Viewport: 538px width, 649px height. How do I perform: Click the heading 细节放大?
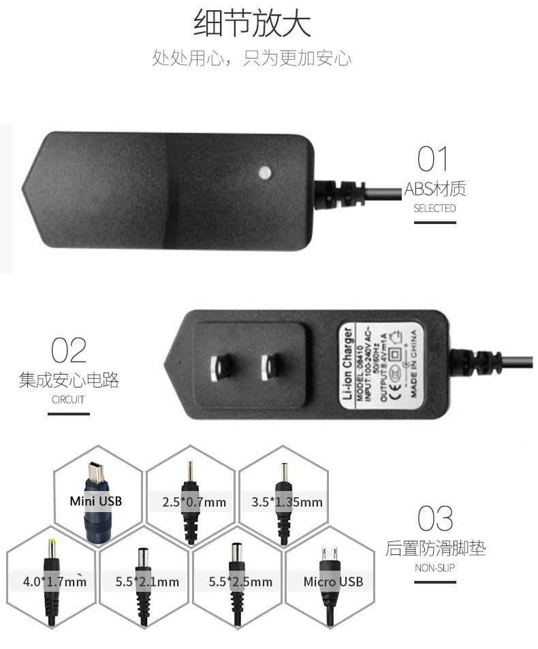pyautogui.click(x=253, y=22)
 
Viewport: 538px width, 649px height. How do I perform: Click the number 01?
pyautogui.click(x=434, y=159)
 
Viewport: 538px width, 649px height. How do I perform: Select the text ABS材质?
pyautogui.click(x=434, y=189)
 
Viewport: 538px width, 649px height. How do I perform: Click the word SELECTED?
pyautogui.click(x=434, y=208)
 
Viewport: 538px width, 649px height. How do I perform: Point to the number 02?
pyautogui.click(x=68, y=350)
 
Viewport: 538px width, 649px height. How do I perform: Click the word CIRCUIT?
pyautogui.click(x=68, y=400)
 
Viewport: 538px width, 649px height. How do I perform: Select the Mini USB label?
pyautogui.click(x=95, y=501)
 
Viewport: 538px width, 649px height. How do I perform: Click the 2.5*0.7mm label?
pyautogui.click(x=194, y=503)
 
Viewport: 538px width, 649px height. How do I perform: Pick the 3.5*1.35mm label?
pyautogui.click(x=287, y=503)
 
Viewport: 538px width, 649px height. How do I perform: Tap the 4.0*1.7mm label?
pyautogui.click(x=54, y=582)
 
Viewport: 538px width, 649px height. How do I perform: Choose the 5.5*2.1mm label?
pyautogui.click(x=147, y=582)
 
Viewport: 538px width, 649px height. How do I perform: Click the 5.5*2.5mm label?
pyautogui.click(x=240, y=582)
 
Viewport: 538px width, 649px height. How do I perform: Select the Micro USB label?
pyautogui.click(x=333, y=582)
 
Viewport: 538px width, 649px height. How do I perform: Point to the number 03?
pyautogui.click(x=434, y=518)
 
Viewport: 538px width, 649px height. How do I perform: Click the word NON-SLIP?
pyautogui.click(x=434, y=567)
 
